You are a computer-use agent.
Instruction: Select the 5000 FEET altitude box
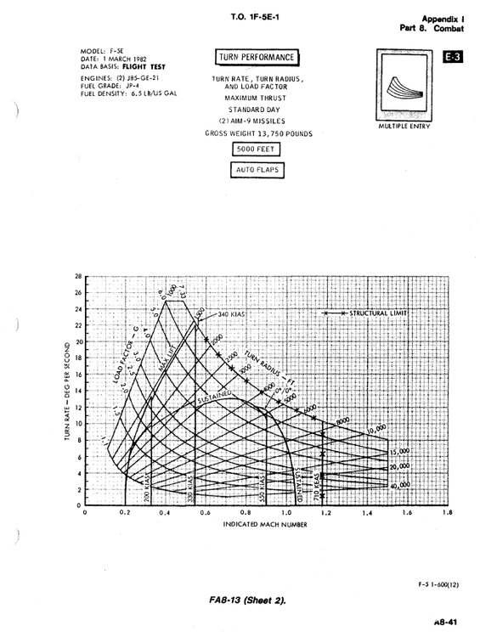pyautogui.click(x=257, y=150)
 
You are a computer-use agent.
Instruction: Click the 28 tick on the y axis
pyautogui.click(x=78, y=277)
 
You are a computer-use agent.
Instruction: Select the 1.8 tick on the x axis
pyautogui.click(x=448, y=514)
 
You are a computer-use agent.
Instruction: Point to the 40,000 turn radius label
pyautogui.click(x=399, y=484)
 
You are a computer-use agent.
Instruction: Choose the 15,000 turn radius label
pyautogui.click(x=399, y=452)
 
